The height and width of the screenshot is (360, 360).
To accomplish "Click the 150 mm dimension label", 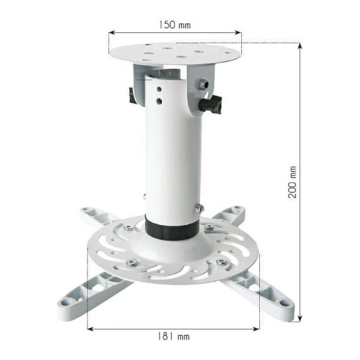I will pos(175,25).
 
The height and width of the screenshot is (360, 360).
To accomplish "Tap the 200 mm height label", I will pos(293,182).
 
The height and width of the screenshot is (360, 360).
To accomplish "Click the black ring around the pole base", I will pos(173,229).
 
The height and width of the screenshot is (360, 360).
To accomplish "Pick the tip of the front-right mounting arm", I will pos(287,313).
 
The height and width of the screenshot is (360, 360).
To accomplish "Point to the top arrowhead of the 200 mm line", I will pos(299,45).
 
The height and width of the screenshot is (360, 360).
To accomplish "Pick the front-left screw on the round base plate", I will pos(132,263).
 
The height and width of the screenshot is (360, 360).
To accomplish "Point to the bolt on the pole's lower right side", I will pos(199,208).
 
